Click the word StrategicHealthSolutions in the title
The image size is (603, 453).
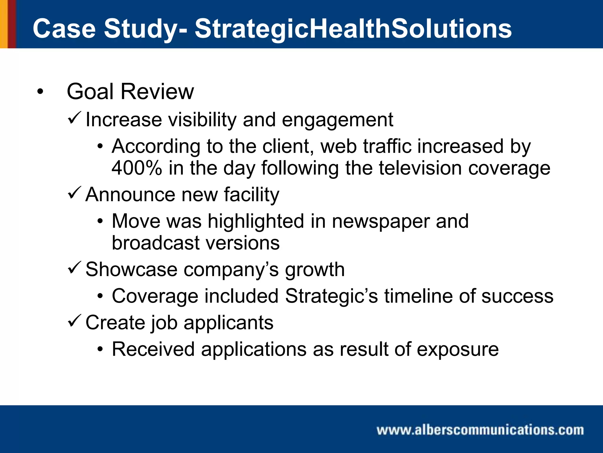click(x=353, y=29)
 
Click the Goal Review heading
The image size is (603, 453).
click(x=130, y=92)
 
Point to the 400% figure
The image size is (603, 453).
click(x=137, y=168)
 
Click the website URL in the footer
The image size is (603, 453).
click(x=480, y=430)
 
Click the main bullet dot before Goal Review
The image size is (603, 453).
click(x=40, y=92)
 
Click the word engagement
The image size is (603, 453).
click(x=337, y=120)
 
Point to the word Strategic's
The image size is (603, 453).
click(x=331, y=296)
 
